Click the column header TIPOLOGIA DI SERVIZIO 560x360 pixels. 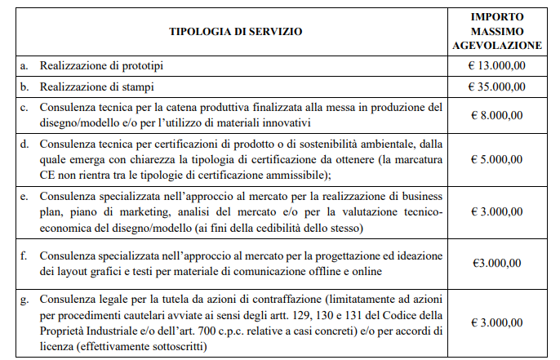tap(235, 32)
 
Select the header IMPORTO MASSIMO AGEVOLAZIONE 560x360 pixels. tap(496, 31)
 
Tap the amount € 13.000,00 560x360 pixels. tap(496, 64)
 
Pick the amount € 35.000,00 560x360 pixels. tap(496, 86)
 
